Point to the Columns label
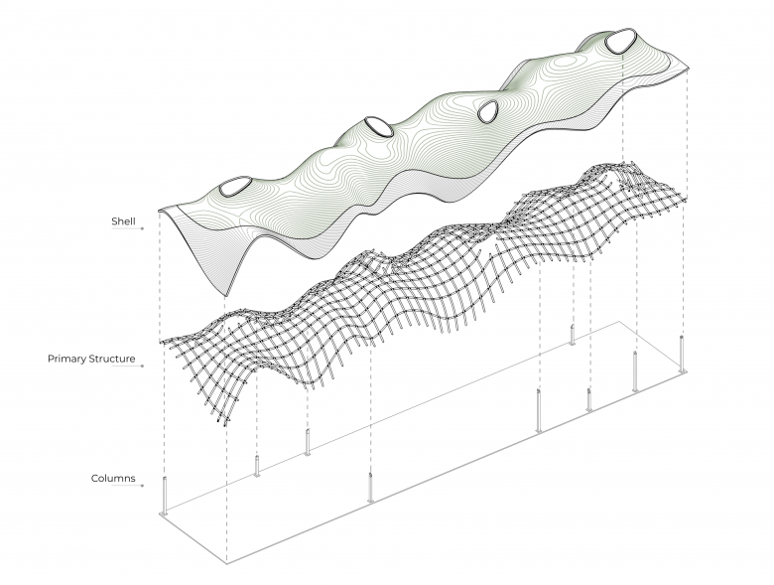click(x=113, y=478)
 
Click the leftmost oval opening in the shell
click(x=234, y=186)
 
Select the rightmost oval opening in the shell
click(x=620, y=41)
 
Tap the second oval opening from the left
click(x=379, y=127)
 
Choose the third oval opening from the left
click(x=487, y=112)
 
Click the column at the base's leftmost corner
click(x=165, y=497)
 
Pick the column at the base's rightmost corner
click(x=682, y=354)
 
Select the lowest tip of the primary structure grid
click(x=226, y=425)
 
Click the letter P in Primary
click(x=52, y=359)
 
